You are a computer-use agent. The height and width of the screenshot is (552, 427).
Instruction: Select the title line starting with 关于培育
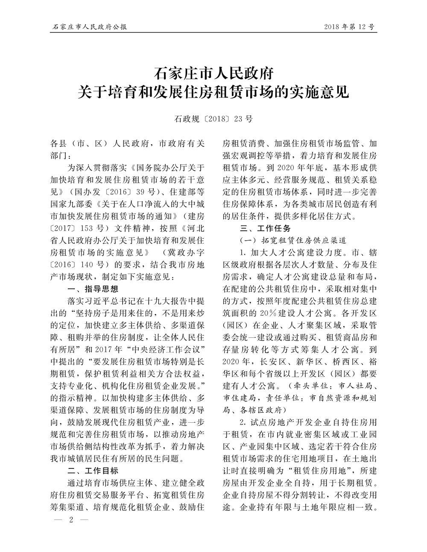(x=213, y=92)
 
